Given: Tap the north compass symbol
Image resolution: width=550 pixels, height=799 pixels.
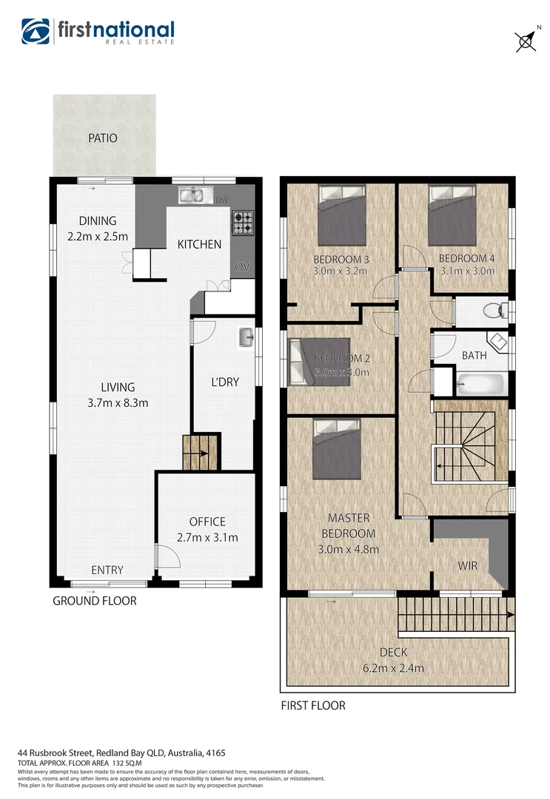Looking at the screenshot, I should (526, 40).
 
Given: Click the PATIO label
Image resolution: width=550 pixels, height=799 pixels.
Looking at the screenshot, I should (103, 138).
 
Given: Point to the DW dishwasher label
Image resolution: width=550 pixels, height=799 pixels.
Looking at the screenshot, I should (221, 200).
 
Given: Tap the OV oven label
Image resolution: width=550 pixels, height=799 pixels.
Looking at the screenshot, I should (241, 266).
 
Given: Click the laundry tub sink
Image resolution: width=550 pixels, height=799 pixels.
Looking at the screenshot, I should (246, 339).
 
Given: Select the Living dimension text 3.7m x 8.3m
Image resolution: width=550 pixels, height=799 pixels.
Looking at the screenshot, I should (118, 403).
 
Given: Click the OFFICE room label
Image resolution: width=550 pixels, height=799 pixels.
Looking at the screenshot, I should (207, 522).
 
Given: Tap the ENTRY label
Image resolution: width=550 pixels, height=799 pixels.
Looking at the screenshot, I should (107, 570).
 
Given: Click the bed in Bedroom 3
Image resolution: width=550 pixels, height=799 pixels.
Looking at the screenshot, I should (342, 215).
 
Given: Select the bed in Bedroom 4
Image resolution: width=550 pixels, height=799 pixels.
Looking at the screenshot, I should (452, 215).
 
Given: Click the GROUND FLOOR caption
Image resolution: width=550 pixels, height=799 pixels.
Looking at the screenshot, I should (94, 601).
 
